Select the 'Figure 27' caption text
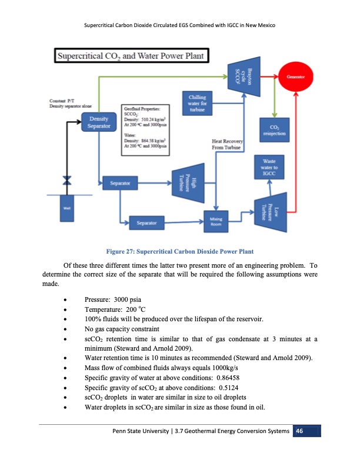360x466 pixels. pos(179,257)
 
